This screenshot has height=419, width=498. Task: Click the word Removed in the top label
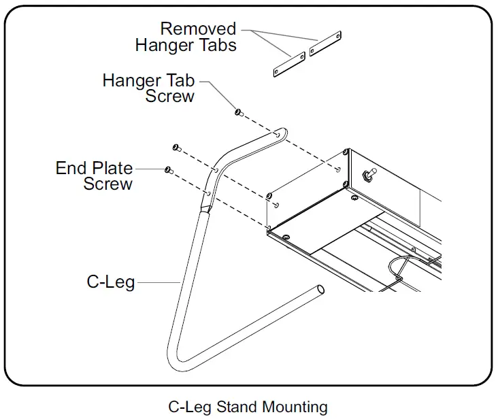click(198, 29)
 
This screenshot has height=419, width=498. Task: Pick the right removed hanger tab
click(325, 44)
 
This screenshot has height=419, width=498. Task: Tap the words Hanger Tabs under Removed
click(186, 46)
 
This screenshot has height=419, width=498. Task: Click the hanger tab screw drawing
click(238, 112)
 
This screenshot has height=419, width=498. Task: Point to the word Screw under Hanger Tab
click(170, 97)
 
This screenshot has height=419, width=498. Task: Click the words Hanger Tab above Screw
click(148, 80)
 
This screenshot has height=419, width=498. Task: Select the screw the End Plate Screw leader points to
click(167, 169)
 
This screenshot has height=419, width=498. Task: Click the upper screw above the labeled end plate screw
click(176, 148)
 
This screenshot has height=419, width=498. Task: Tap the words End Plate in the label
click(94, 167)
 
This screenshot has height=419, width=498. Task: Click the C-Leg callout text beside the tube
click(111, 281)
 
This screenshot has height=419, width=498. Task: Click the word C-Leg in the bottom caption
click(190, 407)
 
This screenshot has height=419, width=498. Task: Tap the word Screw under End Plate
click(108, 184)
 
